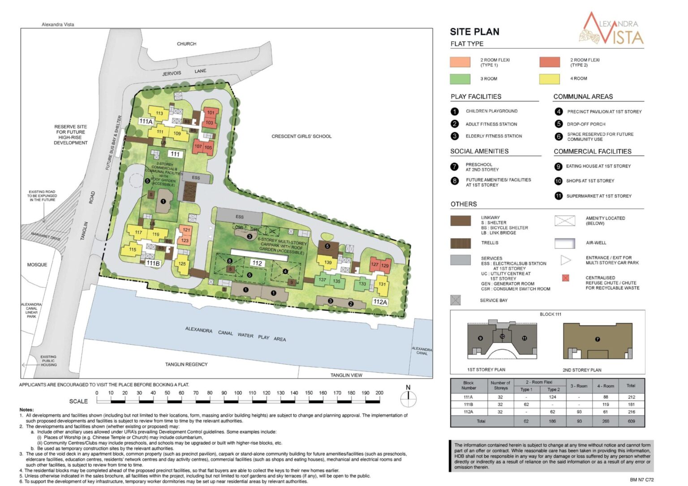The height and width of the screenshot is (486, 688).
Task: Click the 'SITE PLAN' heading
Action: pyautogui.click(x=474, y=32)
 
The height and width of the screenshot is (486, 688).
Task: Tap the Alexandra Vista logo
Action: pyautogui.click(x=612, y=29)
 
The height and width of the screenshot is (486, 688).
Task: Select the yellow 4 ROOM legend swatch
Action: pyautogui.click(x=550, y=79)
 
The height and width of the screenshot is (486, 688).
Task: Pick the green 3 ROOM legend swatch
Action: pyautogui.click(x=460, y=79)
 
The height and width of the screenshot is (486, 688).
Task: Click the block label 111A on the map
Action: pyautogui.click(x=146, y=121)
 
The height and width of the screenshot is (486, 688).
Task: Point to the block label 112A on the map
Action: pyautogui.click(x=380, y=302)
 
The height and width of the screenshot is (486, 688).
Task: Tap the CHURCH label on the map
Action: pyautogui.click(x=186, y=44)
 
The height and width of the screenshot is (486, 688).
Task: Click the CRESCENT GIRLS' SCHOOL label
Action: pyautogui.click(x=301, y=136)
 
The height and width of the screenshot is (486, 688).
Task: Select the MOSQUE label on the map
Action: pyautogui.click(x=37, y=264)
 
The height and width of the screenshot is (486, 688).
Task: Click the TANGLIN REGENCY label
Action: pyautogui.click(x=186, y=364)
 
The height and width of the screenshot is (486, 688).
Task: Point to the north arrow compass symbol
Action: pyautogui.click(x=408, y=397)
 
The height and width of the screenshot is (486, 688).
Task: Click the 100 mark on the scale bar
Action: pyautogui.click(x=238, y=393)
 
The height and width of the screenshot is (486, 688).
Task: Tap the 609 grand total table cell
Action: pyautogui.click(x=631, y=421)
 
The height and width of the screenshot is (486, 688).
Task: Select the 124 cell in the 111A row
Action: pyautogui.click(x=552, y=397)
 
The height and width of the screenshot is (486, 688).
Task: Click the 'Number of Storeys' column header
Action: pyautogui.click(x=500, y=385)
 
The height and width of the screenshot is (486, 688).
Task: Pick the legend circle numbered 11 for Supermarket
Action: pyautogui.click(x=559, y=196)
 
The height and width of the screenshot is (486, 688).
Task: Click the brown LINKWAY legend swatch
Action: pyautogui.click(x=460, y=221)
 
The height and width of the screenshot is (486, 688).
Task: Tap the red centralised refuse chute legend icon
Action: pyautogui.click(x=566, y=278)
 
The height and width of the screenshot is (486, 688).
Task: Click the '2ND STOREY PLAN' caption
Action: pyautogui.click(x=582, y=370)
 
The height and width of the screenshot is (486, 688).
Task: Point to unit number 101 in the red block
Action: pyautogui.click(x=211, y=113)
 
